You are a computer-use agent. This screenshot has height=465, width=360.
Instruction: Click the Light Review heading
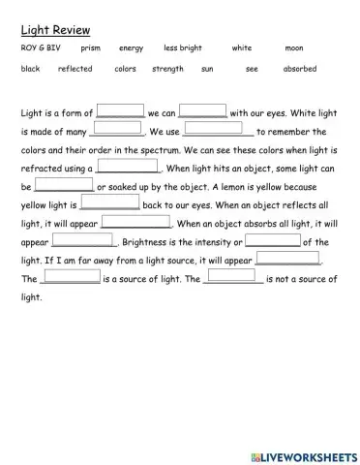[x=50, y=30]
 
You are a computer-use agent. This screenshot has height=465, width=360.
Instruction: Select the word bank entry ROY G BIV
[x=37, y=47]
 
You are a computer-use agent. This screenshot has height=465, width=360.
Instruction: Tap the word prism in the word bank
[x=91, y=47]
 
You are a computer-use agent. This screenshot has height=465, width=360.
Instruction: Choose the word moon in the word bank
[x=294, y=47]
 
